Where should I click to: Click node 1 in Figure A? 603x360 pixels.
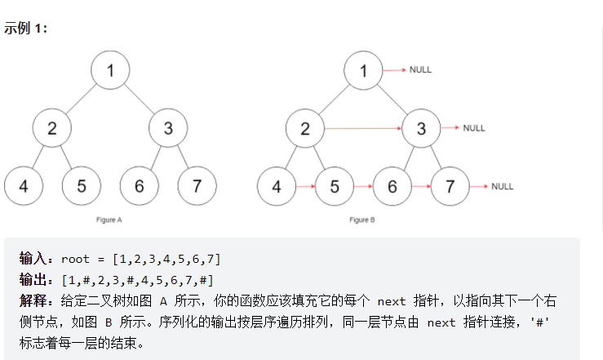click(110, 69)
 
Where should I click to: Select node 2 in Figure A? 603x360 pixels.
click(52, 127)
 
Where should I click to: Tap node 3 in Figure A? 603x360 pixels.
click(168, 127)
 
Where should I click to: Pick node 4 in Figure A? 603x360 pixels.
click(24, 185)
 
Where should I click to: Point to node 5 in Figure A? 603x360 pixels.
click(82, 185)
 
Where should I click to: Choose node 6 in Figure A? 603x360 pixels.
click(140, 185)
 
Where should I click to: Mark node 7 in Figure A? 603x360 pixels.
click(197, 185)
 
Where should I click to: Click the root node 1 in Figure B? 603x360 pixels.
click(363, 69)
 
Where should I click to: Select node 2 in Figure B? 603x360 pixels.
click(305, 128)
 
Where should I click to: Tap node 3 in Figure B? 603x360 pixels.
click(421, 128)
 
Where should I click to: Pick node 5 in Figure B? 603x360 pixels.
click(335, 186)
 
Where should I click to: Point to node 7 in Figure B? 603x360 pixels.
click(450, 186)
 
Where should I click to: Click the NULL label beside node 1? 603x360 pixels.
click(420, 69)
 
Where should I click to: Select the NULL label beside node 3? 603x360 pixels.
click(474, 128)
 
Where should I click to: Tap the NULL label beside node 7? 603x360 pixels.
click(503, 186)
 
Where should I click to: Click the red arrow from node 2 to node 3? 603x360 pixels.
click(363, 128)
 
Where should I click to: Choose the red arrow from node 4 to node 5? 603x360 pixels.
click(305, 186)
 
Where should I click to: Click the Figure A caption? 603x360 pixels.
click(110, 220)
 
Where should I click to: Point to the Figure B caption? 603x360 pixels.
click(363, 220)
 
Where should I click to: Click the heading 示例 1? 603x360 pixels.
click(26, 27)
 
